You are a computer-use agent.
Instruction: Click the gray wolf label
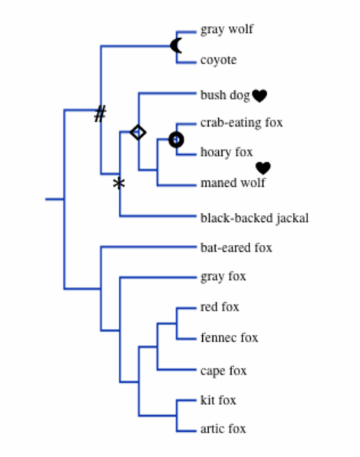pos(227,30)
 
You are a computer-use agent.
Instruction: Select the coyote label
pos(218,60)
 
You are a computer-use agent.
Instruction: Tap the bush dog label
pos(225,95)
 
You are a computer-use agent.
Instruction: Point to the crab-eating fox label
pos(242,122)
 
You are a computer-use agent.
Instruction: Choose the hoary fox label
pos(227,153)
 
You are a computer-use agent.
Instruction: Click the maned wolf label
pos(233,183)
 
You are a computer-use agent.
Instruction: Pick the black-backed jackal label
pos(254,218)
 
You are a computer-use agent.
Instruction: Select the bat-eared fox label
pos(236,248)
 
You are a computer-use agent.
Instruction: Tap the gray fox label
pos(223,277)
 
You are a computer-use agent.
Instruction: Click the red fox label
pos(220,307)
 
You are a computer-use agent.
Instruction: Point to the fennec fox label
pos(229,337)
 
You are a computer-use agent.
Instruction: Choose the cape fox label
pos(223,371)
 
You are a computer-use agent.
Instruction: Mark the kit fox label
pos(218,401)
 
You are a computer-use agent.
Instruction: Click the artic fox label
pos(223,430)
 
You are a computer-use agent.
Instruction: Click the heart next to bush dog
pos(259,96)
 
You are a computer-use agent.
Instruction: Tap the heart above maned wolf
pos(263,168)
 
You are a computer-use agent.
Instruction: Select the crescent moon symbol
pos(177,46)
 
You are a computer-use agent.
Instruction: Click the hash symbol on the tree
pos(100,114)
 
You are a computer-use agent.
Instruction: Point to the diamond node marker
pos(138,132)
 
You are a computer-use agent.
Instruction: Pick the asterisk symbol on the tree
pos(118,183)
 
